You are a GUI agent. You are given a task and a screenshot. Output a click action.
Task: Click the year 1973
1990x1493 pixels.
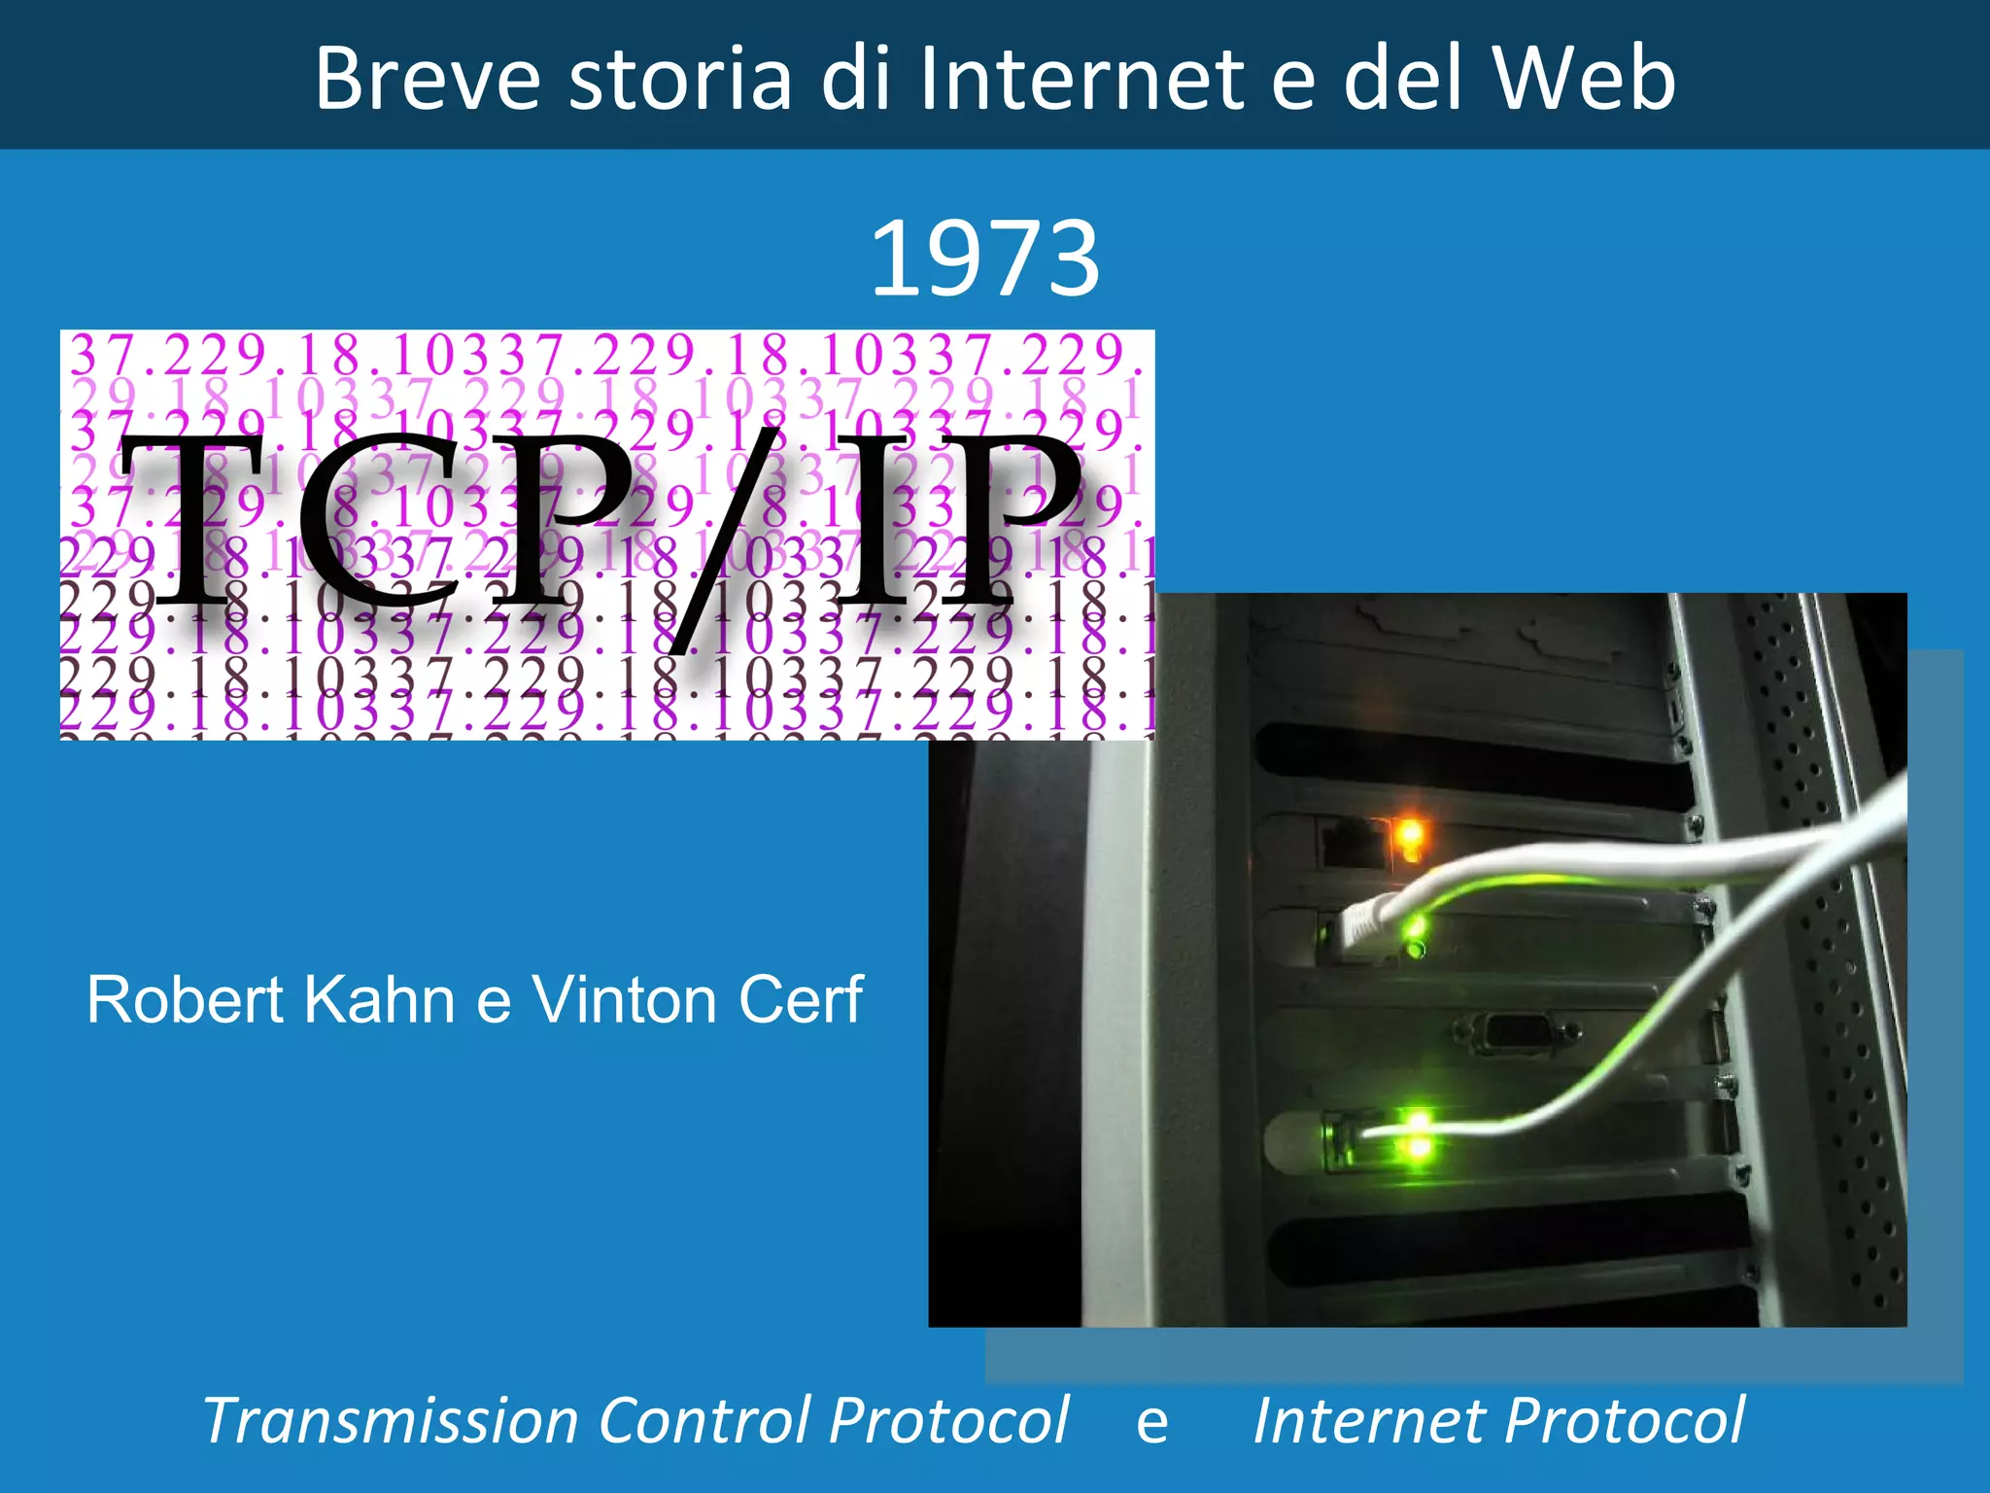984,259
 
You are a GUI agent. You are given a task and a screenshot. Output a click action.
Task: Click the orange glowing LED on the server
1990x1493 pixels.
1408,834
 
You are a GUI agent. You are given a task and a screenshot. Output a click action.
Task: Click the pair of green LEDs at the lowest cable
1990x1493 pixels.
1417,1134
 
